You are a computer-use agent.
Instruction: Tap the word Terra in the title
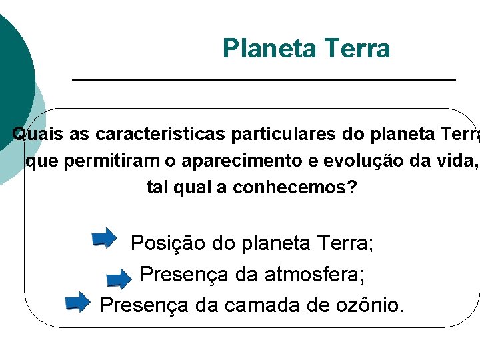(357, 49)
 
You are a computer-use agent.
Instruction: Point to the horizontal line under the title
(263, 80)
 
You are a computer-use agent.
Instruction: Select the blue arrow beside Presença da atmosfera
(119, 279)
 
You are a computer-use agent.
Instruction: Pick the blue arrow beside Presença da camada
(77, 302)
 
